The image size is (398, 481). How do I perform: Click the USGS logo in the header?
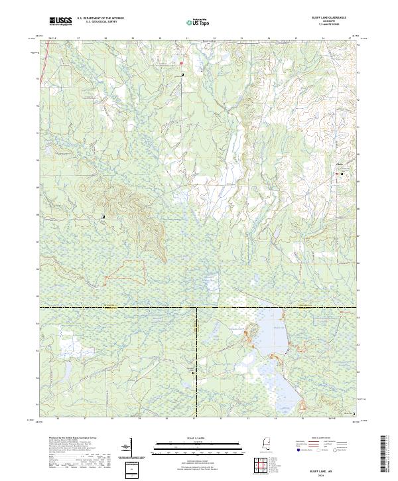pos(60,21)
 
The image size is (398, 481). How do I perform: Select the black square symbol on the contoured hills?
pos(103,217)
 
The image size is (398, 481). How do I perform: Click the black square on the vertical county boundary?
pos(193,374)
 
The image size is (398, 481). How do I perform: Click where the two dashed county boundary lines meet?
pos(196,308)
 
